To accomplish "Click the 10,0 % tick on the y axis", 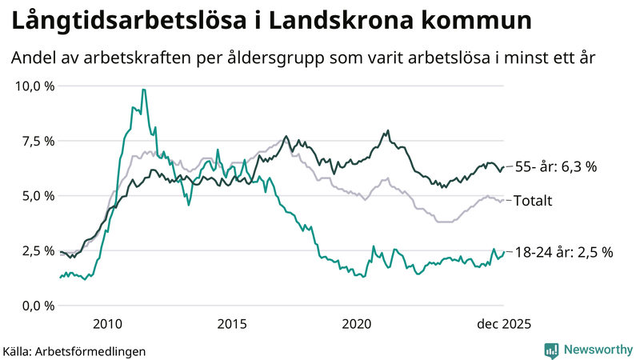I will (x=34, y=86).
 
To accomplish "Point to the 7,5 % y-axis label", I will (x=37, y=141).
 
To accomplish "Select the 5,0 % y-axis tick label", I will (x=37, y=195).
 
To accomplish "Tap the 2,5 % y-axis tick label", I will (x=37, y=250).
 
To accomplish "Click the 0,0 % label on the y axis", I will (x=37, y=306).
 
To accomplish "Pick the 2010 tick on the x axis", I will (x=107, y=323).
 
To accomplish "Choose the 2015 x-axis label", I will (x=232, y=323).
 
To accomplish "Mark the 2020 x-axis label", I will (x=357, y=323).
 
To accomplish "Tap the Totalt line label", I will (x=534, y=200).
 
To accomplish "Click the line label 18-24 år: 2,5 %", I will (x=564, y=252).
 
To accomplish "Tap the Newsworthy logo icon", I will (x=551, y=349).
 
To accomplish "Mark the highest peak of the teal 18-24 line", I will (x=143, y=90).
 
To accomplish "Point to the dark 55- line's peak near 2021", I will (x=388, y=130).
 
